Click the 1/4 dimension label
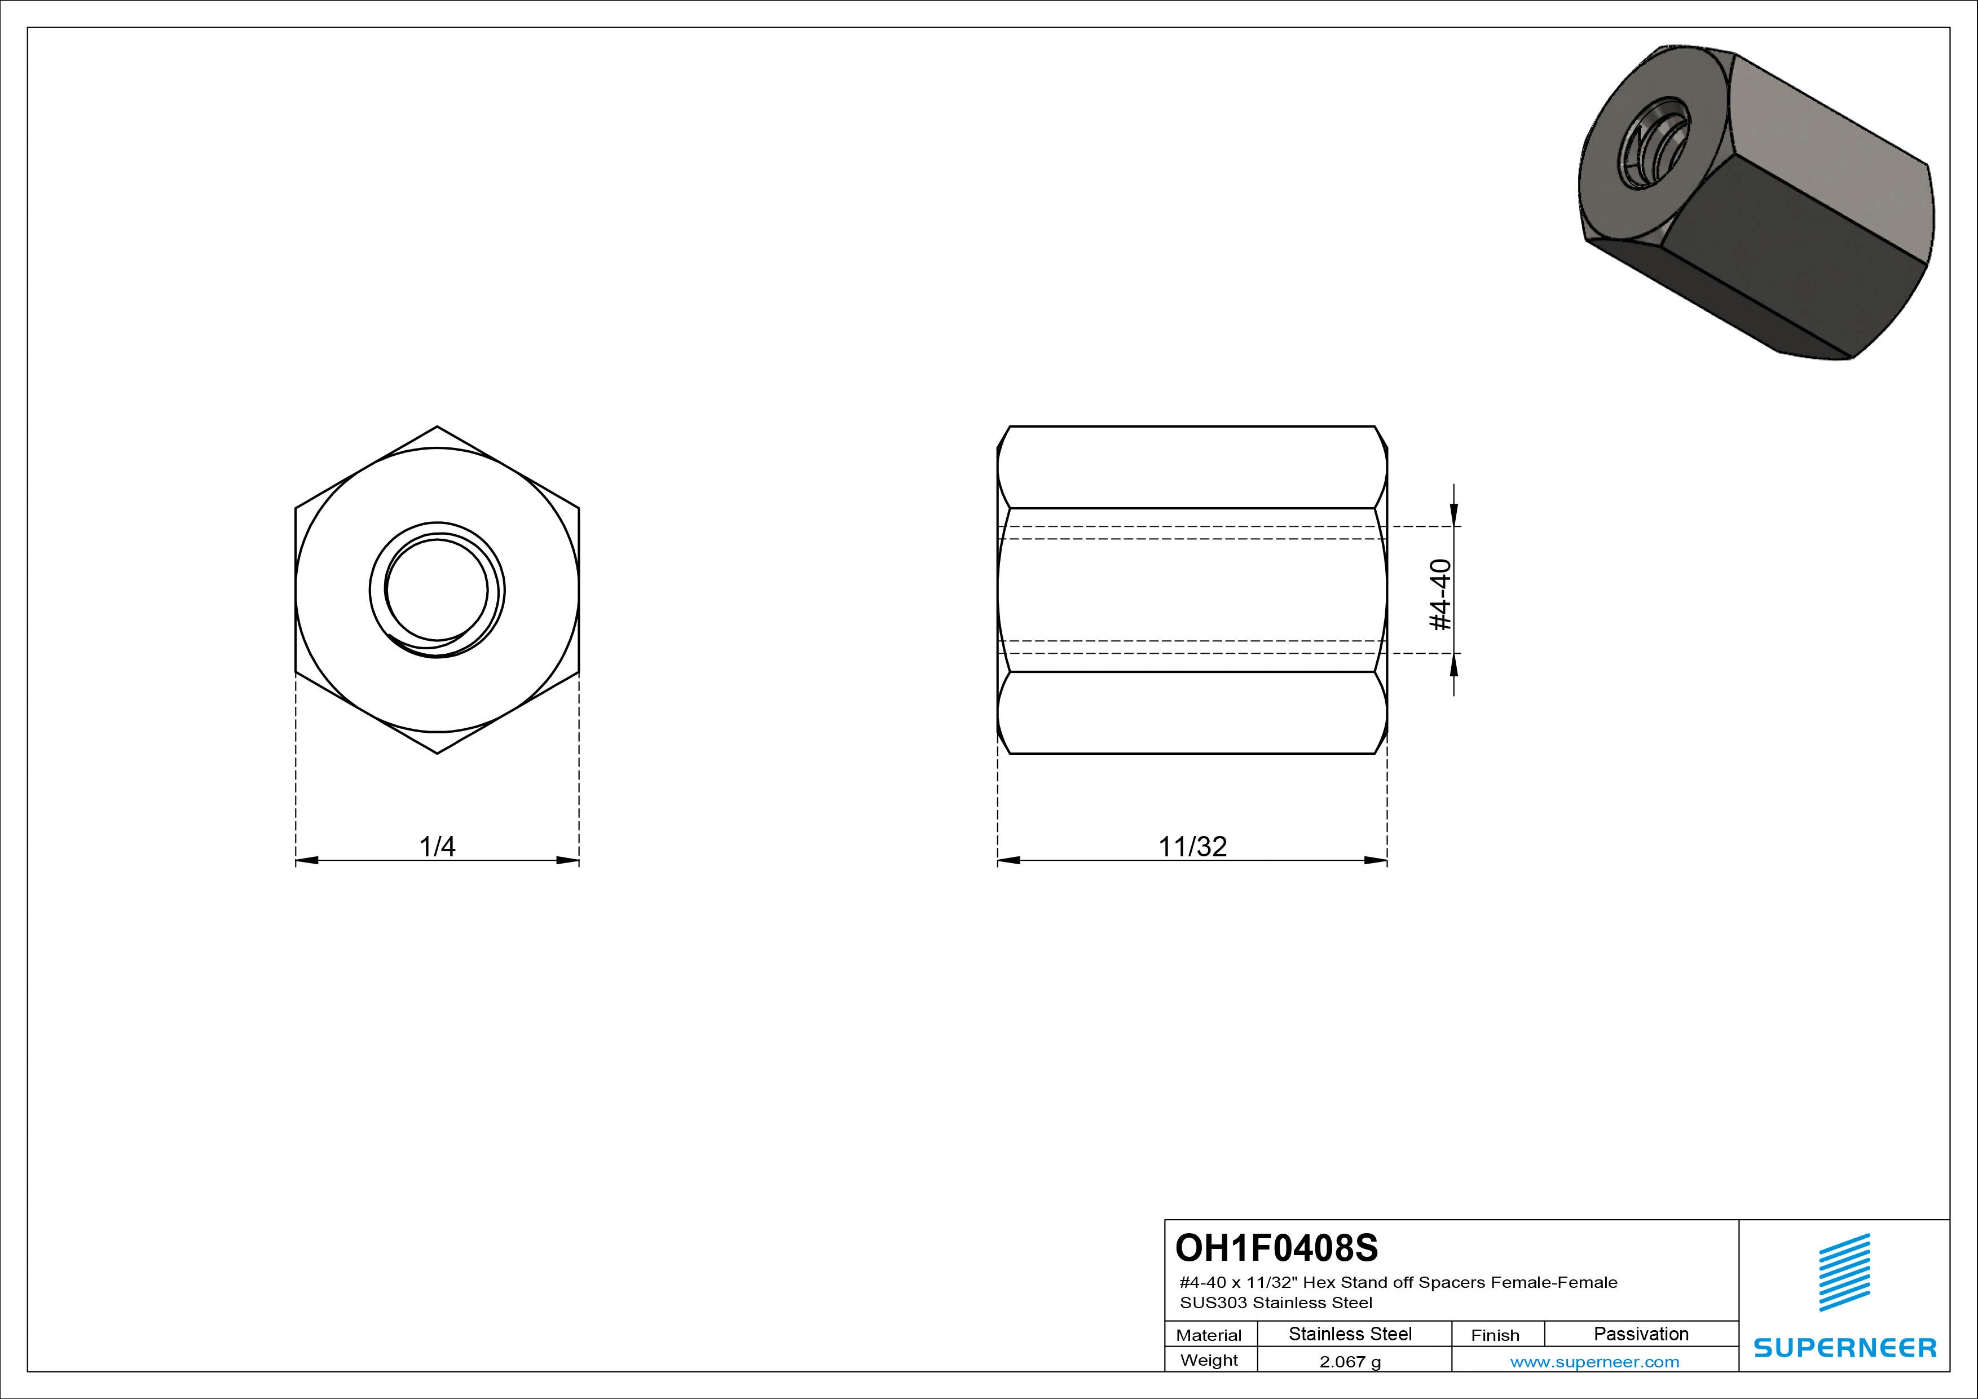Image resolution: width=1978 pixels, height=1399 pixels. [x=437, y=846]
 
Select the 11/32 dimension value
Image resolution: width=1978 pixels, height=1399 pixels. [x=1192, y=846]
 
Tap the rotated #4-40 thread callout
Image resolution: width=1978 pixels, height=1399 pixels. [x=1439, y=595]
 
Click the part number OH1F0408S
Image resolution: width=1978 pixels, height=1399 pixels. [x=1277, y=1247]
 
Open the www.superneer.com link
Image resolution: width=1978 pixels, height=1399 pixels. [x=1594, y=1362]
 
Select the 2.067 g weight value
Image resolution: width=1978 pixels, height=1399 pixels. [x=1350, y=1362]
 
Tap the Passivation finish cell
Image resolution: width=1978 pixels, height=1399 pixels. [x=1641, y=1334]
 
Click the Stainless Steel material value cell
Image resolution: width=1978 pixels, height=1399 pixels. [x=1350, y=1334]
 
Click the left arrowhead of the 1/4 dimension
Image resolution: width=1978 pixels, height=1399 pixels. [x=307, y=860]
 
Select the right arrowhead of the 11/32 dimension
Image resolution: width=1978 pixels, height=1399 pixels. [x=1376, y=860]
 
